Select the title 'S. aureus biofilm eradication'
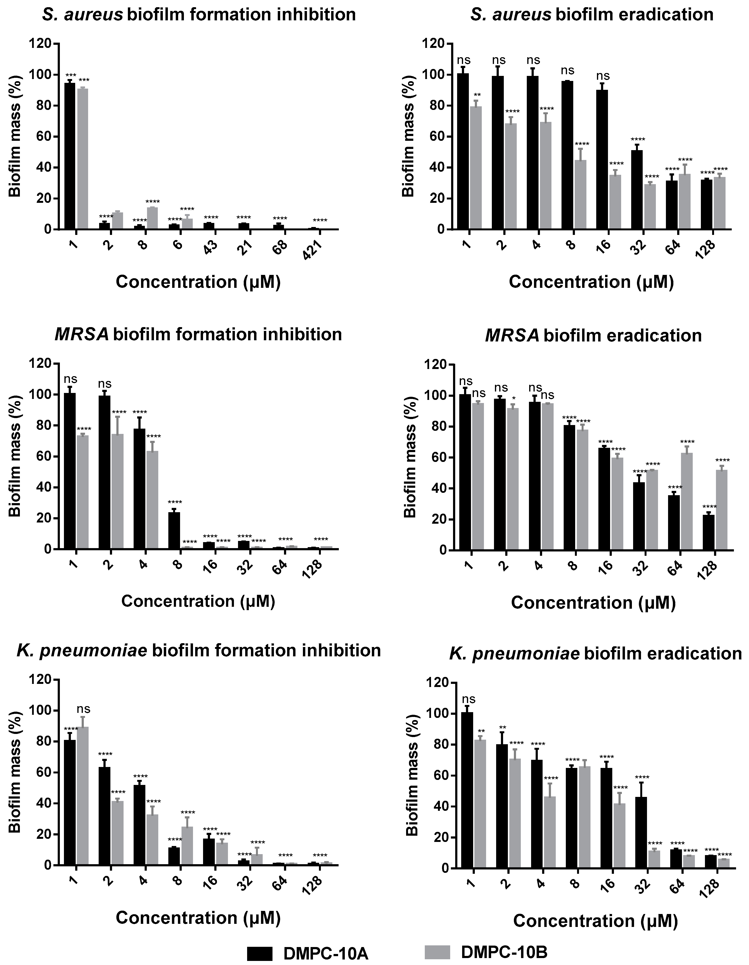592,15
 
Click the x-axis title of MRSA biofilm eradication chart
593,603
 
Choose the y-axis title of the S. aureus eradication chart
409,136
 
